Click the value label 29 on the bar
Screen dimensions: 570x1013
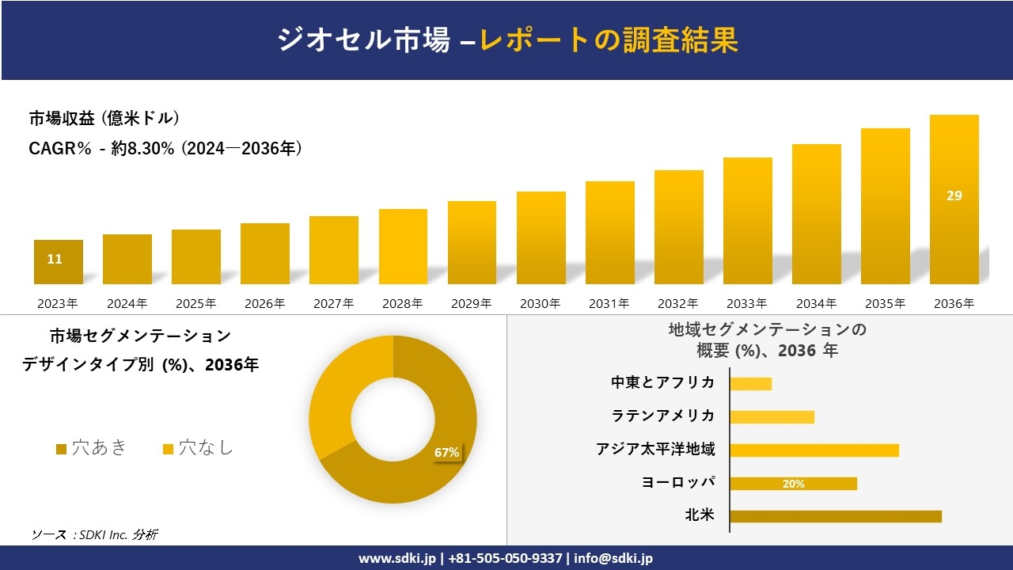coord(954,196)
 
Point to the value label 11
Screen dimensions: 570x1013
coord(55,259)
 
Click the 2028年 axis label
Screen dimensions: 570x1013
coord(403,303)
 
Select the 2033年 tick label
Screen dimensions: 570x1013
coord(747,303)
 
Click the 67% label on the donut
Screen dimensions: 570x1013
coord(446,453)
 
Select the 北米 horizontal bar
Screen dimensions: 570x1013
coord(835,516)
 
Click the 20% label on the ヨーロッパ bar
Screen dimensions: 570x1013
coord(793,484)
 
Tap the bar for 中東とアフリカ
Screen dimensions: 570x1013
coord(750,384)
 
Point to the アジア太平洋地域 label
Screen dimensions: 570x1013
coord(655,450)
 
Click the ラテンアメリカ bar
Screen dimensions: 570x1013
coord(772,417)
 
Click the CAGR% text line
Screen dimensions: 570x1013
coord(165,149)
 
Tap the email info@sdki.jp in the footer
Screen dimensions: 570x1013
coord(615,558)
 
